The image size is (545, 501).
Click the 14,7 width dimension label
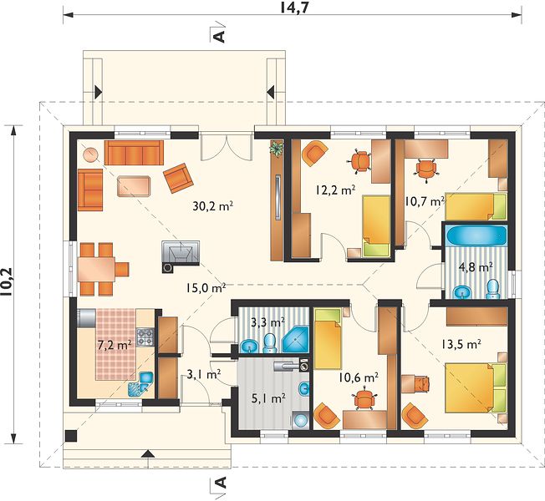294,8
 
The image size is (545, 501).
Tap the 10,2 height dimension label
6,282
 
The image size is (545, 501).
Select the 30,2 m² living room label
212,206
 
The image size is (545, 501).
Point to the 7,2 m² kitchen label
115,346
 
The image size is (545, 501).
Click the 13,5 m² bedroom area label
461,344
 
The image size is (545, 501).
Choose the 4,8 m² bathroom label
476,268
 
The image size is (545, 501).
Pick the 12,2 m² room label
336,190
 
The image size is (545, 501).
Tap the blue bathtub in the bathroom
476,235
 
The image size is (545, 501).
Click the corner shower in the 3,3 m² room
295,339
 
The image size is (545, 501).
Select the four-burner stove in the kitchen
145,337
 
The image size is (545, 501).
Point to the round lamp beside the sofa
91,154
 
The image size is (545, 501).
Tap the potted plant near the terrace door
277,149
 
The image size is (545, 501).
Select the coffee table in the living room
134,186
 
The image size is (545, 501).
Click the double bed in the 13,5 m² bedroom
475,388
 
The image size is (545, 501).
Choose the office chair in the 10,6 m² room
364,399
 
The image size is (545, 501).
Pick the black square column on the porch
71,436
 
